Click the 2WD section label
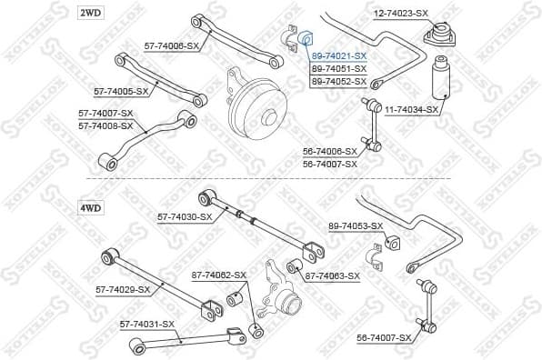pos(91,13)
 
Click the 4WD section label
pos(91,208)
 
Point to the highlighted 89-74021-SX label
pos(339,56)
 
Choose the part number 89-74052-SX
pos(339,82)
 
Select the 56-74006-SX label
pos(330,152)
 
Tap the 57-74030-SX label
pos(185,217)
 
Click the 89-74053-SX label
pos(356,225)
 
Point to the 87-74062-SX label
pos(218,275)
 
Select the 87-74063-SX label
pos(332,275)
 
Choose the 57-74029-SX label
pos(123,289)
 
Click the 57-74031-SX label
pos(146,324)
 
